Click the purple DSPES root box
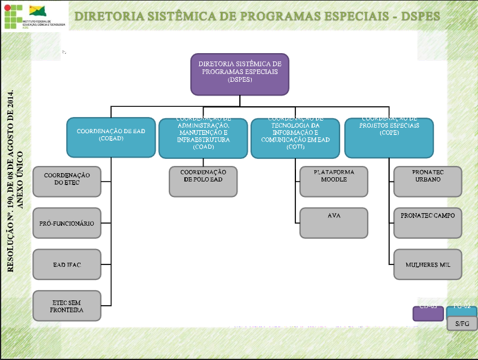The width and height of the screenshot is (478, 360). (240, 74)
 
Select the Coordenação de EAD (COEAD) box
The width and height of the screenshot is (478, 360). (112, 137)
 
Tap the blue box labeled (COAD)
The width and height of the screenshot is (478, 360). (203, 139)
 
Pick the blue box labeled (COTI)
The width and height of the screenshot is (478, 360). (295, 139)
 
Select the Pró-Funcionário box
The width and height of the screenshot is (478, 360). (67, 223)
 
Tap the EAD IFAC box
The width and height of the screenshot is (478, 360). (67, 264)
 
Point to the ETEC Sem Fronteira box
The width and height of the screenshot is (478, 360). (67, 306)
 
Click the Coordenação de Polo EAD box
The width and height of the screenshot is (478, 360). (203, 181)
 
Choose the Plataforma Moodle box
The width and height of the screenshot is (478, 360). (334, 181)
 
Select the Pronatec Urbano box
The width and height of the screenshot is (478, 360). (427, 181)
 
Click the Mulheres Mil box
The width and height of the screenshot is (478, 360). (427, 264)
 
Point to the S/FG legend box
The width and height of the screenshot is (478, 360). (462, 323)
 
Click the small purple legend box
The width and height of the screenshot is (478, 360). (428, 313)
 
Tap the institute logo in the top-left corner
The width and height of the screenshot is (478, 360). (35, 16)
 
